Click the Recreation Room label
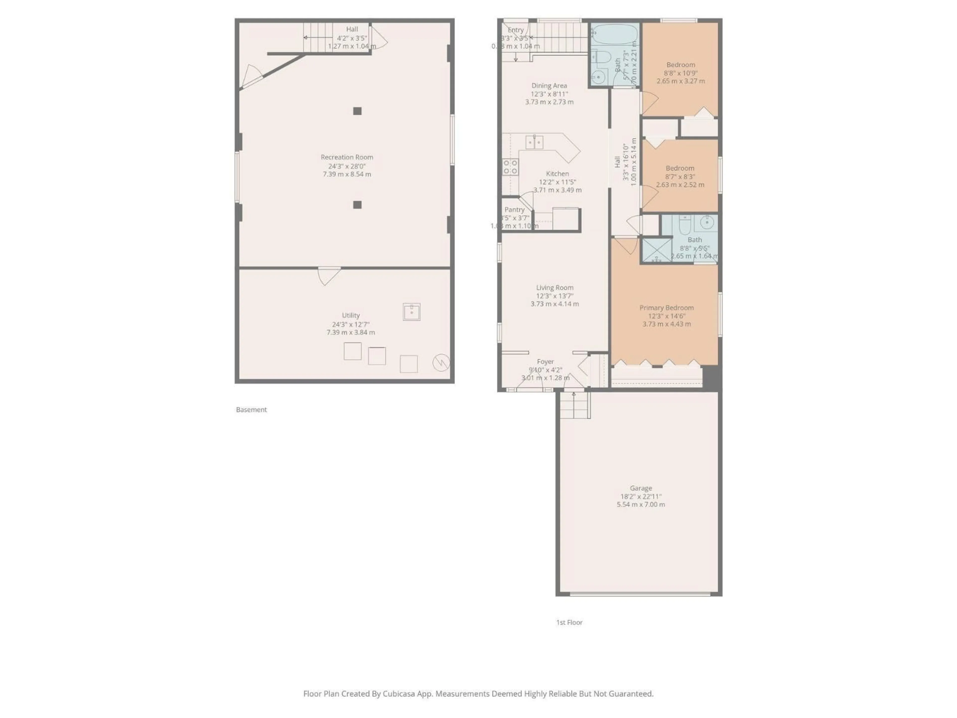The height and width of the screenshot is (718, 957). [347, 157]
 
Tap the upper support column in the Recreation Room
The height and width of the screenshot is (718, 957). [357, 111]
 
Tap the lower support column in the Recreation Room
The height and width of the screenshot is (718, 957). [357, 205]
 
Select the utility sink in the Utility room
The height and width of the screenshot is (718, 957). [411, 312]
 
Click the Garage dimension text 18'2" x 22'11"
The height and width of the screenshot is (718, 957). [641, 496]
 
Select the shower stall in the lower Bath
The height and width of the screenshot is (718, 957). [656, 250]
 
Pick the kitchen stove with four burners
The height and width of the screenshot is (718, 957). [510, 167]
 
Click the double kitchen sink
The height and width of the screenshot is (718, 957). [534, 142]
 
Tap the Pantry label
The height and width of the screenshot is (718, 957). [514, 209]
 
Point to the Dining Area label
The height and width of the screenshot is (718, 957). [549, 86]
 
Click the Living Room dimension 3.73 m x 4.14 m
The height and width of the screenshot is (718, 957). [555, 304]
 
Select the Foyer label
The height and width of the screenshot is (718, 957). [545, 361]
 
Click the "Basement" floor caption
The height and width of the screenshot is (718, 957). [251, 409]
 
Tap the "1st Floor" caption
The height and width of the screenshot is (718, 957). [569, 622]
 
